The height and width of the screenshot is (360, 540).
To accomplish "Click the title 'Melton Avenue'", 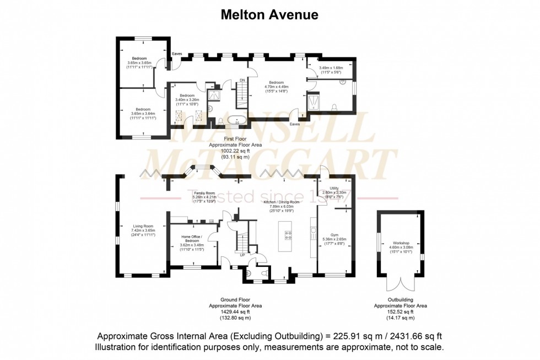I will pos(269,15).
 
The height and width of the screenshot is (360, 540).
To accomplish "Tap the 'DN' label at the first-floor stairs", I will pos(241,80).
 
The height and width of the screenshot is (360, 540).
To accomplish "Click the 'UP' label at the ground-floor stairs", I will pos(242,255).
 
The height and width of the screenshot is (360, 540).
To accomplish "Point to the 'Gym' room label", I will pos(334,234).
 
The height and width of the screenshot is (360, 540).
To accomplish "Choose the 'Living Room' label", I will pos(143,225).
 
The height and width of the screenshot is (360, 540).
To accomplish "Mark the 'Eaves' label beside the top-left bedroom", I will pos(177,53).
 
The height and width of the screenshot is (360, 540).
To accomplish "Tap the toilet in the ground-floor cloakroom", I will pos(248,272).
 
